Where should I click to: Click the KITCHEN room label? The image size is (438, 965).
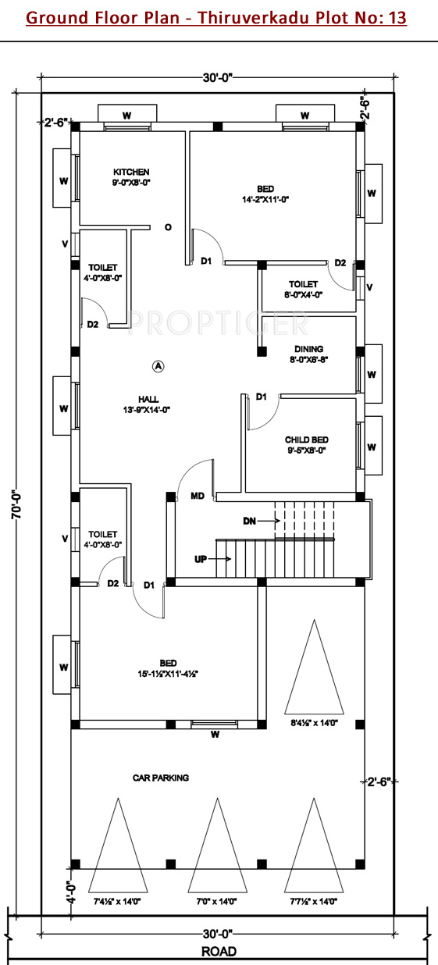[x=131, y=172]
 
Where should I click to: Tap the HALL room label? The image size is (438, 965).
[x=148, y=400]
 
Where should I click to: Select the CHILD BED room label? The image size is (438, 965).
[x=307, y=440]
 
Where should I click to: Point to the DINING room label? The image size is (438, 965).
[x=309, y=349]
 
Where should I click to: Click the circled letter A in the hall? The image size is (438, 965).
[x=158, y=367]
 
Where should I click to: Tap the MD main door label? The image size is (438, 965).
[x=198, y=497]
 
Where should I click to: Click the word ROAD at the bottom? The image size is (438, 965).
[x=219, y=952]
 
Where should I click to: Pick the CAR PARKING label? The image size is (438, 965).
[x=161, y=778]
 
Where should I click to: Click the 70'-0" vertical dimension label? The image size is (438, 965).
[x=16, y=504]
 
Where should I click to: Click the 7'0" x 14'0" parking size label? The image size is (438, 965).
[x=216, y=901]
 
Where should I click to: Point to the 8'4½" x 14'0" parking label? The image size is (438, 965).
[x=314, y=722]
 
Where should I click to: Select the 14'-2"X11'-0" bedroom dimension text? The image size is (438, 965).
[x=265, y=199]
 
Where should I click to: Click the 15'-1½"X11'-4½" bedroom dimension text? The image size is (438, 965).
[x=168, y=674]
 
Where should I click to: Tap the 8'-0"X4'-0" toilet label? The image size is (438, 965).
[x=303, y=295]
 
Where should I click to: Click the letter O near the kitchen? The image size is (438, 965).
[x=168, y=227]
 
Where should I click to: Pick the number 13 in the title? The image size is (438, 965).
[x=397, y=18]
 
